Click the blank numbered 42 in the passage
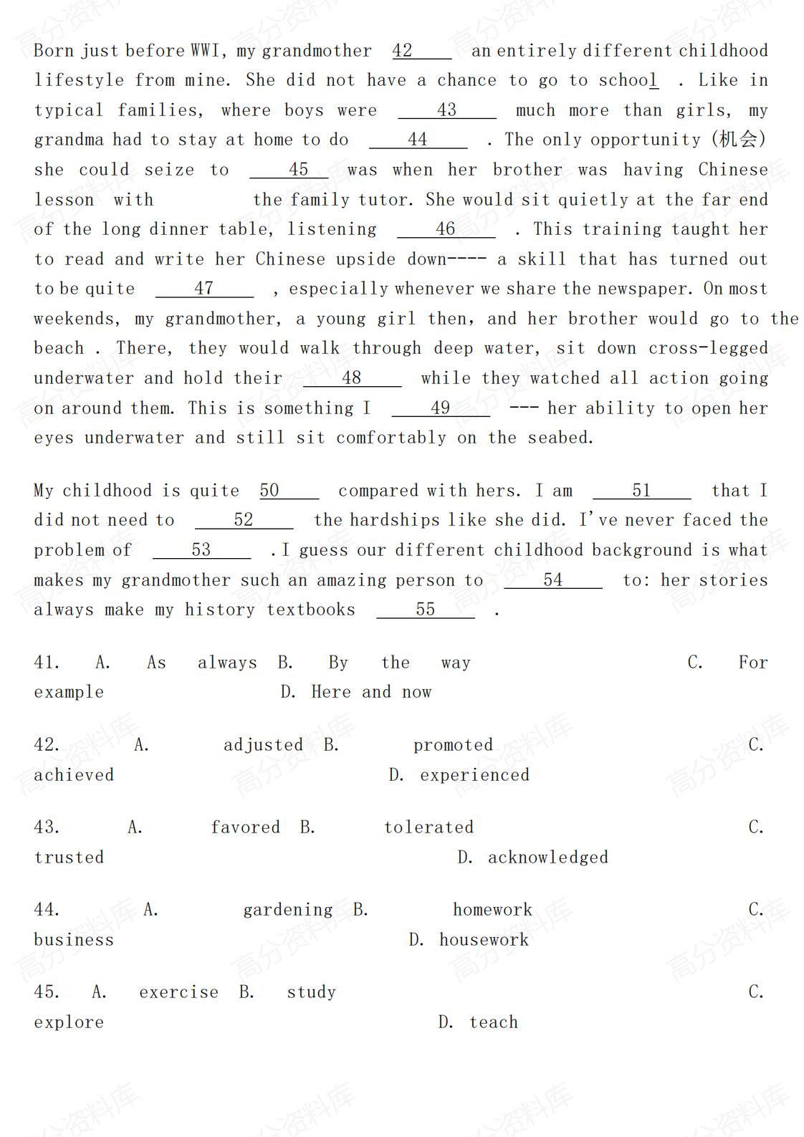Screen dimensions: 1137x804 (421, 51)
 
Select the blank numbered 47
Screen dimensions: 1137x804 (204, 289)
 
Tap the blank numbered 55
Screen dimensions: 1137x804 (425, 610)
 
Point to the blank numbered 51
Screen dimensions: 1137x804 (641, 491)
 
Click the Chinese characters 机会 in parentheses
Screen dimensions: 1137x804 (737, 139)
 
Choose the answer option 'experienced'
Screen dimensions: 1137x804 (474, 775)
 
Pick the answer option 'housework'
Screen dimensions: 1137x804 (484, 940)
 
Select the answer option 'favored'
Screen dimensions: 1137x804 (245, 827)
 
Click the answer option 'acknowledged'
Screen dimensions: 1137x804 (547, 858)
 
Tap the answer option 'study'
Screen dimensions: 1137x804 (311, 992)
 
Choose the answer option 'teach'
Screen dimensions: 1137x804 (493, 1022)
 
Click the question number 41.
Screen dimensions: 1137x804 (47, 663)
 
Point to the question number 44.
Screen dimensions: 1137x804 (47, 910)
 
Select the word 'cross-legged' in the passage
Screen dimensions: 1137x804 (708, 348)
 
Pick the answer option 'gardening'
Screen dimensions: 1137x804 (287, 910)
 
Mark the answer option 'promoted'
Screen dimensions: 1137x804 (453, 745)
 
